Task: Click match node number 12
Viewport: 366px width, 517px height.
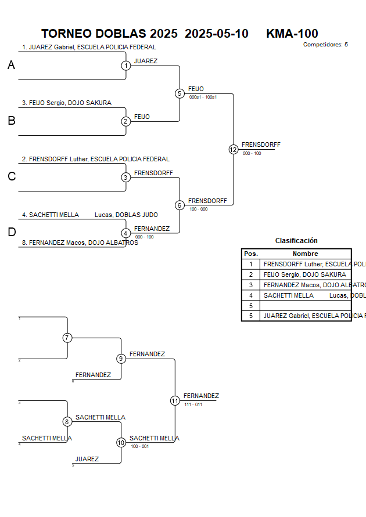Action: pos(234,150)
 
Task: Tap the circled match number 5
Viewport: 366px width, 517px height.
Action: pos(180,93)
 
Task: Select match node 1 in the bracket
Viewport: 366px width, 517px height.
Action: pos(126,66)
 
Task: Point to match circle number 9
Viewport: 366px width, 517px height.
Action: pos(121,359)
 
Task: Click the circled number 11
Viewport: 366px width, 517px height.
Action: pos(175,400)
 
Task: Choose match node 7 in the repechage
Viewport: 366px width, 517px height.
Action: pos(67,338)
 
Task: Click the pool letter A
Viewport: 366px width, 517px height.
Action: pos(11,66)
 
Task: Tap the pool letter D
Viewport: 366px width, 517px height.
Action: pos(12,233)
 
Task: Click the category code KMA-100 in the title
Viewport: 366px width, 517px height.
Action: pos(292,34)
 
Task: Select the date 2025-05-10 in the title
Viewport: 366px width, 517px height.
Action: pos(216,34)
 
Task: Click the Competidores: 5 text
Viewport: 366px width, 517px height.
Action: pos(325,45)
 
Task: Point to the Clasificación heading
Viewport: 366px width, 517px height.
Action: pos(296,241)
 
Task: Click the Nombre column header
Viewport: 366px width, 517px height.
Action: pos(305,254)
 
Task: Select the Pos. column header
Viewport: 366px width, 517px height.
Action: pos(251,254)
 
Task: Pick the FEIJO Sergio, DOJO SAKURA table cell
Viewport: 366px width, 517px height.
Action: pos(304,274)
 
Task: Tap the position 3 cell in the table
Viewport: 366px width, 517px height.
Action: pos(251,285)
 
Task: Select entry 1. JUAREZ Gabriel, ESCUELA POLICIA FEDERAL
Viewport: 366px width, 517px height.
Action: pos(89,48)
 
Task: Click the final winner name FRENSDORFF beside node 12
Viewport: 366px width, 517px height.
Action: pos(261,144)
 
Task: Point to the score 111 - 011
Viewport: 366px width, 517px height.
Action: pos(193,404)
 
